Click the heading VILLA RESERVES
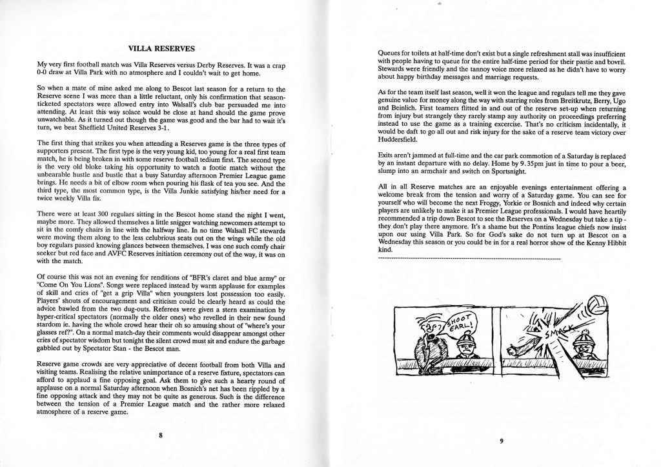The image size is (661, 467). (158, 47)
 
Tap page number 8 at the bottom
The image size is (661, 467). (160, 435)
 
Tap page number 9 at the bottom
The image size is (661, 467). (501, 441)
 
